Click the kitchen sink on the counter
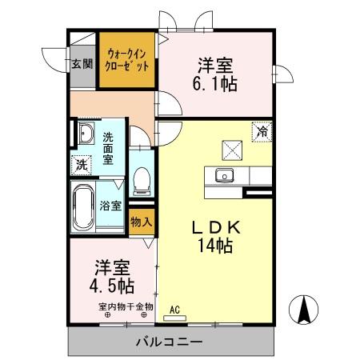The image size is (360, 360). click(x=225, y=176)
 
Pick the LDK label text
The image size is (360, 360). click(x=215, y=229)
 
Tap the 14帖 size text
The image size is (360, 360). click(x=215, y=246)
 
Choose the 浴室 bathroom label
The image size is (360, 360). click(x=111, y=206)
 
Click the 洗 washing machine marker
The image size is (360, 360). click(x=81, y=165)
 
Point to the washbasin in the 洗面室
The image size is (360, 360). click(x=85, y=133)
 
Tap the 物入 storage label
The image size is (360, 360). click(x=141, y=221)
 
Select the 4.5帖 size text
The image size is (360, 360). click(x=111, y=284)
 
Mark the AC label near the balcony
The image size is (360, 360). click(x=175, y=308)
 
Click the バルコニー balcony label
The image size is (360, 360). click(x=167, y=342)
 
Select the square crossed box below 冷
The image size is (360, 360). click(x=233, y=149)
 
